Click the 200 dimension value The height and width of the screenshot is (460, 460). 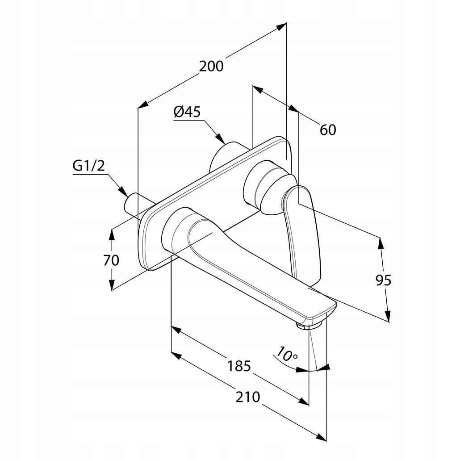point(211,66)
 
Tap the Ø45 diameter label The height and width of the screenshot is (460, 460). point(187,112)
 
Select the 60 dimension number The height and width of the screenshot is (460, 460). point(328,130)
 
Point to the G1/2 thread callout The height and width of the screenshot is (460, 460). point(88,166)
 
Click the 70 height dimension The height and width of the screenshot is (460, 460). point(111,260)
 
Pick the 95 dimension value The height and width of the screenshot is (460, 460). point(383,280)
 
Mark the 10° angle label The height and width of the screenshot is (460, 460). point(286,354)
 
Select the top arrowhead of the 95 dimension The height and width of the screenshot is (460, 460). point(381,242)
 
